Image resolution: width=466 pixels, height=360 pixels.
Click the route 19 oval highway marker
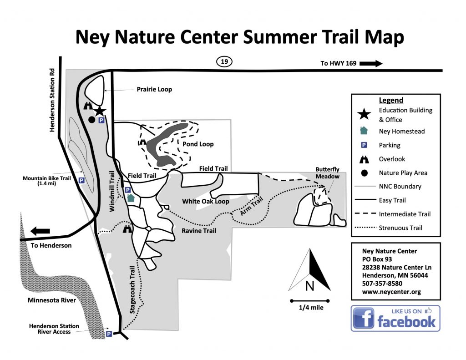click(224, 62)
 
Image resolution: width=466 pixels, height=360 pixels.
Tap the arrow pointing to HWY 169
click(371, 63)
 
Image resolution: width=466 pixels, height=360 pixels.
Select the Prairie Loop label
click(154, 89)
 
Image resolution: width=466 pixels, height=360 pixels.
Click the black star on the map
click(100, 111)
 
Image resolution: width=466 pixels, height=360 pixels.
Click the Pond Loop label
click(198, 144)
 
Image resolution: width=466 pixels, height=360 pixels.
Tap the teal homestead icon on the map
click(131, 198)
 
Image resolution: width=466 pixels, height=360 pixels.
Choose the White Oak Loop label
click(205, 201)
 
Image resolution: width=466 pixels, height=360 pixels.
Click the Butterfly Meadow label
click(328, 173)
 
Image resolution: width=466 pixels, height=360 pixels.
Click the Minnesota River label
click(51, 300)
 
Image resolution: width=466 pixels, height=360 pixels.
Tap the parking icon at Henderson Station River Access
click(109, 334)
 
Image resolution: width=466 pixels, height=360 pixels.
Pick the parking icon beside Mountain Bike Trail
click(81, 181)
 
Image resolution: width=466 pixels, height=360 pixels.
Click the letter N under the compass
click(309, 286)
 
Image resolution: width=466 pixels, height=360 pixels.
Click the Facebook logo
click(395, 318)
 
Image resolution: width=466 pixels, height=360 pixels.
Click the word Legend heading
click(391, 101)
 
